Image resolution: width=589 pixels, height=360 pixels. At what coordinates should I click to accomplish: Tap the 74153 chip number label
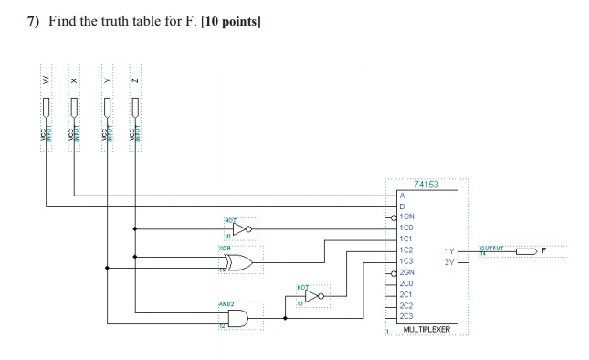click(426, 185)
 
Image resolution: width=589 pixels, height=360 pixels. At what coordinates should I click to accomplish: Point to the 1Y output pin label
click(448, 251)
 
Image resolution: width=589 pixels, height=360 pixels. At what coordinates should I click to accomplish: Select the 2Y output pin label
click(448, 262)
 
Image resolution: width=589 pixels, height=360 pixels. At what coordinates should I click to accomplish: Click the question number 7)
click(32, 21)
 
